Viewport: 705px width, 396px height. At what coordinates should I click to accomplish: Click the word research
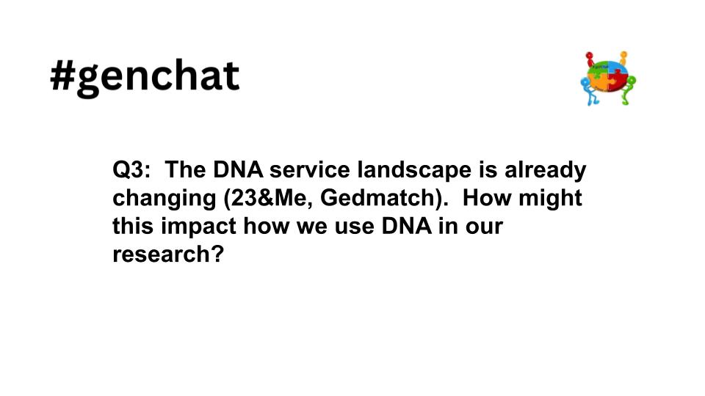(162, 255)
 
